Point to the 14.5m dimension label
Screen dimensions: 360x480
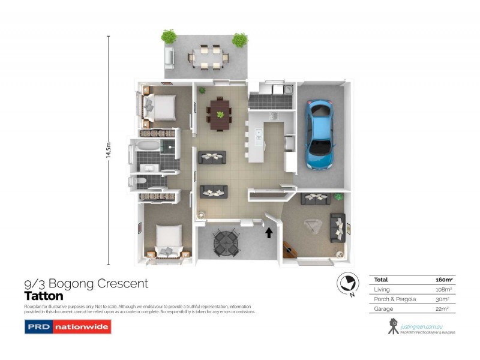[x=108, y=150]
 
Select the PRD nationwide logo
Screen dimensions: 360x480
[x=67, y=327]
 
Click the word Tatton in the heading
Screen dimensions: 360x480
[x=43, y=296]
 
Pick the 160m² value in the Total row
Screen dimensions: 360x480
[x=443, y=280]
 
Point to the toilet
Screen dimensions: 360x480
[x=137, y=181]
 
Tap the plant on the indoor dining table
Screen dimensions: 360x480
[x=220, y=114]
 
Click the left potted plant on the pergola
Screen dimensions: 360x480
[x=169, y=36]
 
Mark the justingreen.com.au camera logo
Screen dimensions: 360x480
[x=394, y=326]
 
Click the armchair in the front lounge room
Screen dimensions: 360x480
[x=314, y=227]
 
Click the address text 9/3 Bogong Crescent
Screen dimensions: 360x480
[x=85, y=284]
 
